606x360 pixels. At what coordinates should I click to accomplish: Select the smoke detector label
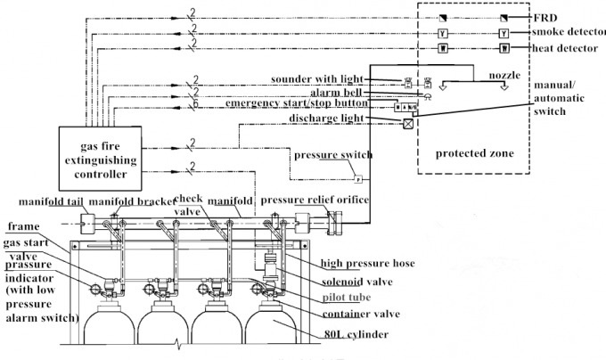[568, 33]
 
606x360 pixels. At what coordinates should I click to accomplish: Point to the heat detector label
[565, 48]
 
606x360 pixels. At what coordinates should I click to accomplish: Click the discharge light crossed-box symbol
[408, 123]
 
